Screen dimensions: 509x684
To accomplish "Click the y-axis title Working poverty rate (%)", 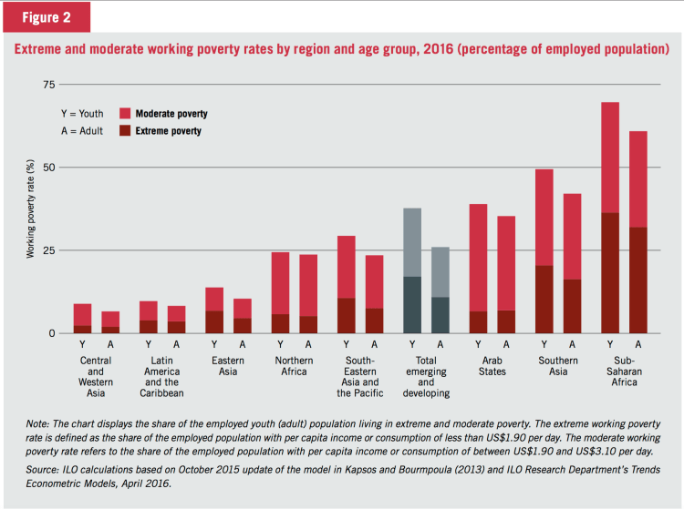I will tap(30, 209).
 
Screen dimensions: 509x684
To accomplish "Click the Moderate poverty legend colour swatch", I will tap(125, 114).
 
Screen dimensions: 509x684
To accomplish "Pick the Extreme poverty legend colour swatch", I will tap(125, 131).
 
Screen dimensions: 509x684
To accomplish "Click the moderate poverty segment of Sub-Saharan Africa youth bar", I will tap(610, 158).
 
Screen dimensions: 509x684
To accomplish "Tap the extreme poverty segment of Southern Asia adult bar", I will tap(572, 306).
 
